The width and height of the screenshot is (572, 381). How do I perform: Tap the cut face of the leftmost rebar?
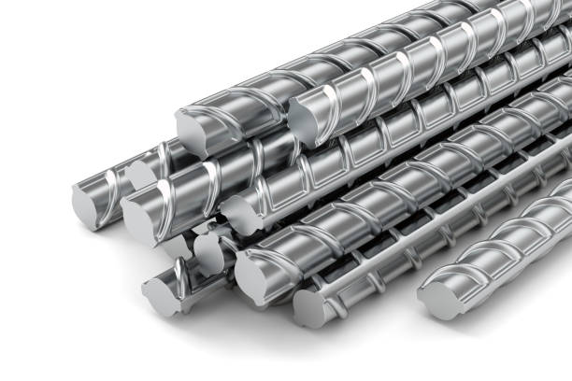click(86, 203)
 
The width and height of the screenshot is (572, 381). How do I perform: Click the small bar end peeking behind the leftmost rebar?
click(140, 173)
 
